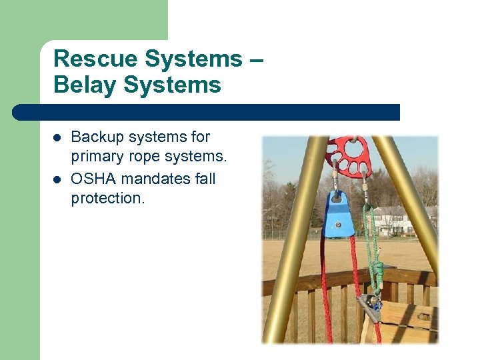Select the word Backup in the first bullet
point(97,137)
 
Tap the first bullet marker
point(58,138)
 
